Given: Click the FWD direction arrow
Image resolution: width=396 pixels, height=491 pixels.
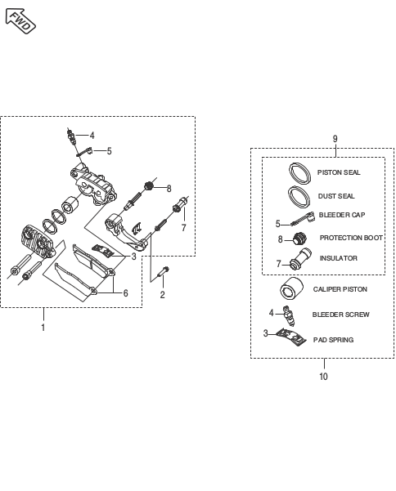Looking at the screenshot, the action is point(20,21).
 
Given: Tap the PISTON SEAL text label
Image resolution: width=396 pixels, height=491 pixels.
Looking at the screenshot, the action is point(339,172).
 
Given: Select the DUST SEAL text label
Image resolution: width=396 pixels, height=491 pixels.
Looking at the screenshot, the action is point(336,196).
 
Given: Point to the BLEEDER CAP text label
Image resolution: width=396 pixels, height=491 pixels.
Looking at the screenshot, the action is point(342,215).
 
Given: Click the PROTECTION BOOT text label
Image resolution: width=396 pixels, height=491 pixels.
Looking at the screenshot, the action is point(351,238).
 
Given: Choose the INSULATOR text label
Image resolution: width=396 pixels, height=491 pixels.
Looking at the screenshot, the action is point(338,258).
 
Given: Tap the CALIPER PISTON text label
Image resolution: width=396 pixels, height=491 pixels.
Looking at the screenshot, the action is point(340,289).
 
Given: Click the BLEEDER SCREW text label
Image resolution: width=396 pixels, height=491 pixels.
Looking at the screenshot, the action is point(341,315).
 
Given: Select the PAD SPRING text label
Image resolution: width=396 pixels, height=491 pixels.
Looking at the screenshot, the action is point(333,340).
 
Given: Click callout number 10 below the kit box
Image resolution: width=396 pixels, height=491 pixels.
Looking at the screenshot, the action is point(323,377).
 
